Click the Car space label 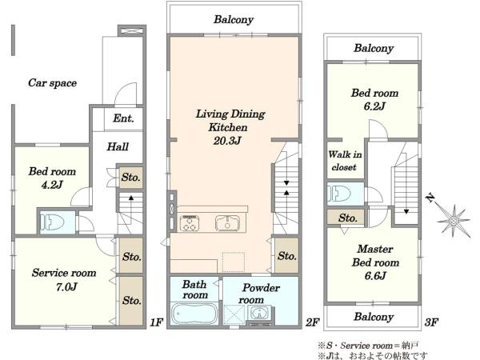[52, 83]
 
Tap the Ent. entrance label [123, 118]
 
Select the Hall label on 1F [118, 146]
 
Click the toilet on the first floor [52, 222]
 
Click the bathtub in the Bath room [194, 314]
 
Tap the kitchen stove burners [190, 223]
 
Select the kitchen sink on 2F [227, 223]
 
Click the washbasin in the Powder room [260, 314]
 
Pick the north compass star [454, 221]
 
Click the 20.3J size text [227, 141]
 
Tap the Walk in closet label [345, 161]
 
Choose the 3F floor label [431, 322]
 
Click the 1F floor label [157, 322]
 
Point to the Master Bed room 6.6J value [375, 276]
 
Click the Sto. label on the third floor [348, 218]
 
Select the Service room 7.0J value [66, 287]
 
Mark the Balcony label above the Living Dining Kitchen [234, 19]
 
